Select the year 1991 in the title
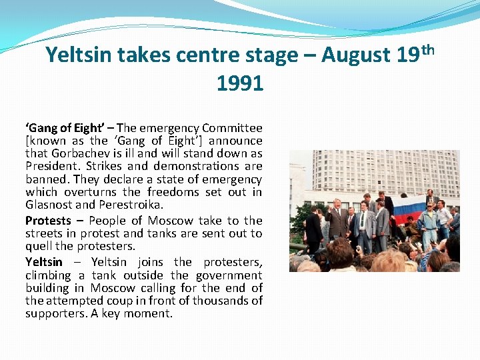(x=240, y=83)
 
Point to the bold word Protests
(x=48, y=221)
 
